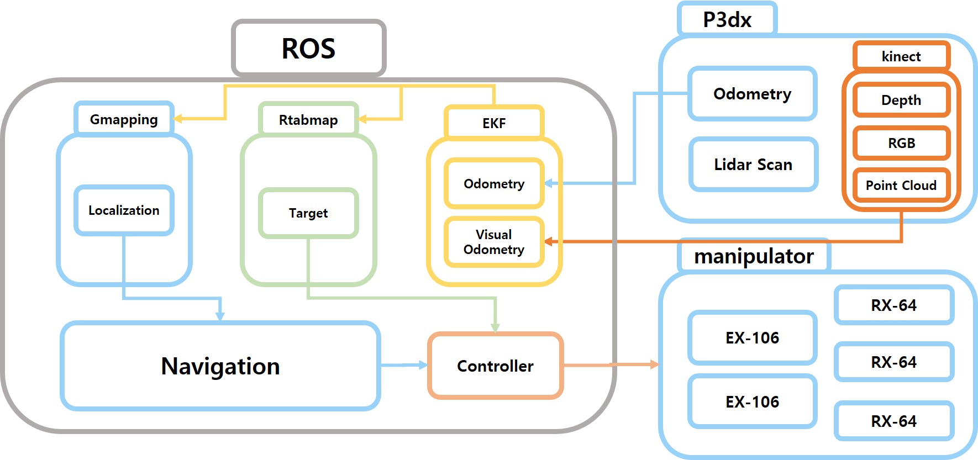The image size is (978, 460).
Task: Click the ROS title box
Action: (x=308, y=49)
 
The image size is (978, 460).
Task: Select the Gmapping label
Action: (x=124, y=119)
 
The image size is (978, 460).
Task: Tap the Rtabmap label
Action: (x=308, y=120)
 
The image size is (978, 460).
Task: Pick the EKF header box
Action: (x=494, y=123)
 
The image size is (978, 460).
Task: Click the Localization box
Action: (x=124, y=210)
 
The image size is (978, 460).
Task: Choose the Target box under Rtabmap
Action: (x=308, y=213)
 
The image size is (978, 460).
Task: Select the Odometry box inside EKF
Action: (x=494, y=184)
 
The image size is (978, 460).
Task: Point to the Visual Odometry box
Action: (x=494, y=242)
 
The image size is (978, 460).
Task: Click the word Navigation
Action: (x=220, y=366)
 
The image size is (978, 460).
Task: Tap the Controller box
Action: (x=495, y=366)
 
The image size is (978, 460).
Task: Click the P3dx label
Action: (x=727, y=20)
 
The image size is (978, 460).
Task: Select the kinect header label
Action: (x=901, y=56)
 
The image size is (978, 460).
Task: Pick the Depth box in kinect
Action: (x=901, y=100)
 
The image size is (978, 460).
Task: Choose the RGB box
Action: (x=901, y=143)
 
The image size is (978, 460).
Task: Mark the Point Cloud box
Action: (x=901, y=185)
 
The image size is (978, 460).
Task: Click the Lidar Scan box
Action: (x=753, y=165)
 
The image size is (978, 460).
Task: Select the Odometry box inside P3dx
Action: (x=753, y=94)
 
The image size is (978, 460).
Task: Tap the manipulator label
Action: (x=754, y=256)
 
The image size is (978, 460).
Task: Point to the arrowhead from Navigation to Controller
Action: (x=423, y=365)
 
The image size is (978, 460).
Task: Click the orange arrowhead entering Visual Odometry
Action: (x=549, y=241)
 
